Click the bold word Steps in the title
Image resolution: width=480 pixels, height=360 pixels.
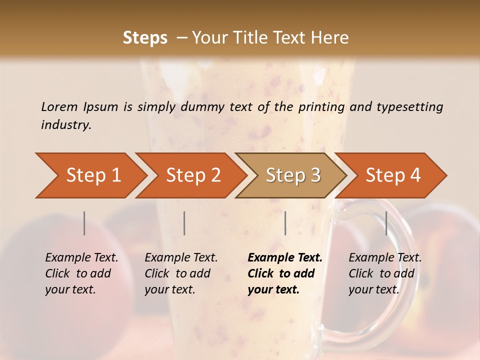tap(145, 38)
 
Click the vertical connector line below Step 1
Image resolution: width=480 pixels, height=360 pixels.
tap(84, 223)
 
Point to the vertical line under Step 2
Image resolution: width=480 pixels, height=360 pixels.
tap(184, 223)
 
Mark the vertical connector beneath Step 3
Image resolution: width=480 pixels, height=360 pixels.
tap(285, 223)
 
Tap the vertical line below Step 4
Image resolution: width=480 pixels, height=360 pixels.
tap(386, 223)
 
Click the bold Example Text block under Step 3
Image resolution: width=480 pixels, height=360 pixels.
tap(284, 273)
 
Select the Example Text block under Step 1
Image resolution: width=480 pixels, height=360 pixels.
tap(81, 273)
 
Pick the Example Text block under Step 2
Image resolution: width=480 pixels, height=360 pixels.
tap(181, 273)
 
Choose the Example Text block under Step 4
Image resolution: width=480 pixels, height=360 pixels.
tap(385, 273)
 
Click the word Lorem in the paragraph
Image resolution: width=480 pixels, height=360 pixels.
tap(59, 106)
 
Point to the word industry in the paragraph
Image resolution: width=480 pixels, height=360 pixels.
tap(66, 125)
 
